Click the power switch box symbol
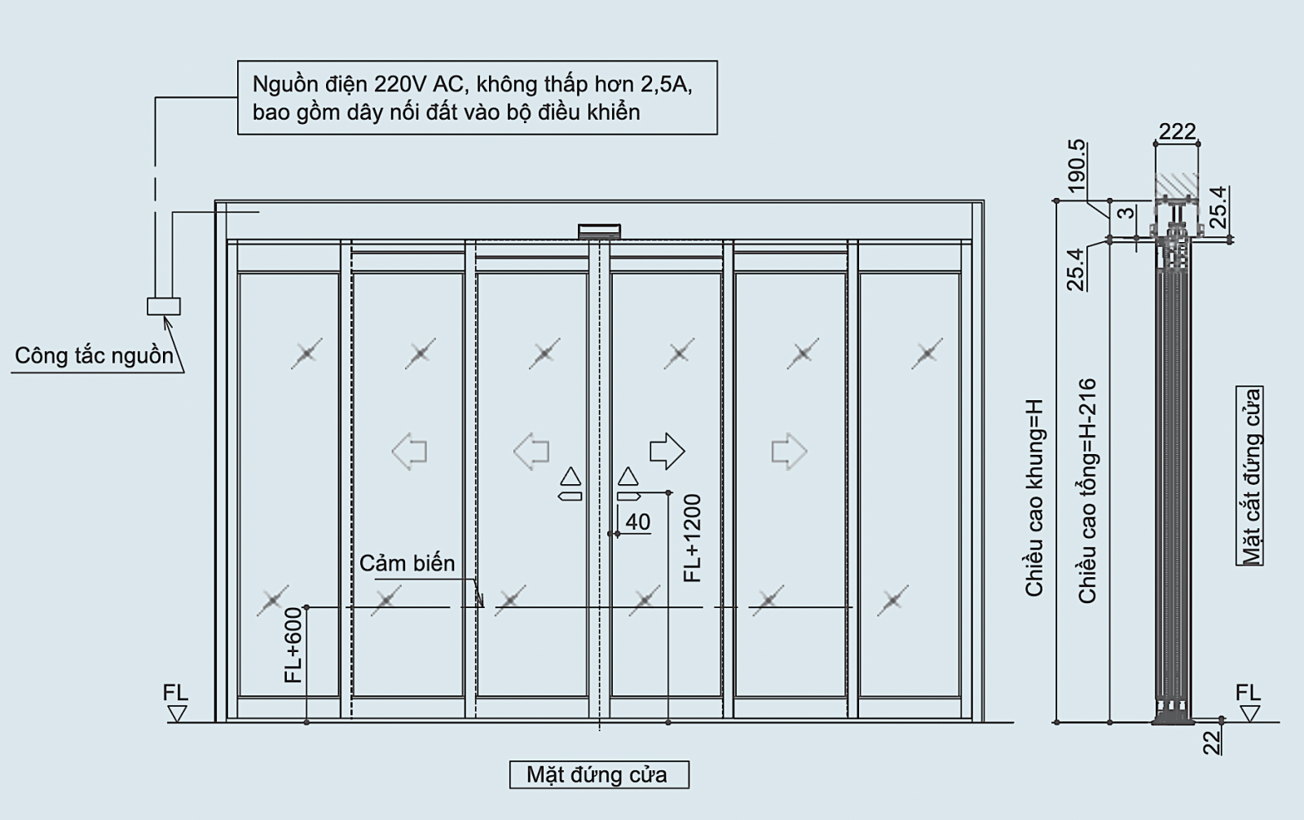(x=164, y=306)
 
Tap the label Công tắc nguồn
(x=95, y=356)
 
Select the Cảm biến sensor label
(x=407, y=563)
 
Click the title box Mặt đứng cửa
(x=599, y=774)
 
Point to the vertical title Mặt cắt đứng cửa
(x=1250, y=476)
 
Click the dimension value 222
(x=1177, y=131)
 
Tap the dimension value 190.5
(x=1077, y=166)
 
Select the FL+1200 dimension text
(x=693, y=538)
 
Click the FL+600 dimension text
(x=293, y=645)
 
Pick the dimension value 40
(x=637, y=522)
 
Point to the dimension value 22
(x=1212, y=743)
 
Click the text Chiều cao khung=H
(x=1034, y=498)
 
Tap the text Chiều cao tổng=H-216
(x=1087, y=491)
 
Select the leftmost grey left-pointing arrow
(x=409, y=451)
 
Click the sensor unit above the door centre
(x=599, y=231)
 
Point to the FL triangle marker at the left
(x=176, y=714)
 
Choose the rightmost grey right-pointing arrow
(x=789, y=451)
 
